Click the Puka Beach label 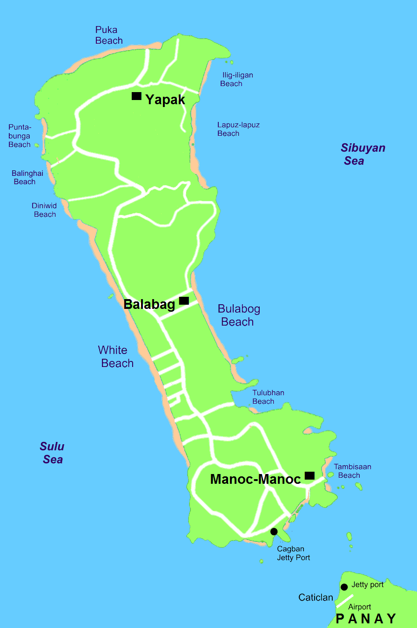coord(109,35)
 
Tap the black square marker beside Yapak coord(136,96)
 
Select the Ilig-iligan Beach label coord(236,80)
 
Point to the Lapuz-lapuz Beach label coord(238,129)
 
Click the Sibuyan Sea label coord(363,154)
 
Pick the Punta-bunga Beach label coord(20,136)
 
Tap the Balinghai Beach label coord(27,177)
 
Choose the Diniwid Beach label coord(44,210)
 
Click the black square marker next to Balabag coord(184,301)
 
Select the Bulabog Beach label coord(238,315)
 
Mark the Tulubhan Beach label coord(268,397)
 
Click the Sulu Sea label coord(52,453)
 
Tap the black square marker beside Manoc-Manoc coord(309,475)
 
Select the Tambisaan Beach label coord(352,471)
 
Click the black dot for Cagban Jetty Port coord(274,531)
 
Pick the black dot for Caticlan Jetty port coord(344,587)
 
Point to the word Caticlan coord(316,597)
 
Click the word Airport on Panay coord(359,607)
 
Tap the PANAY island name coord(366,619)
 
